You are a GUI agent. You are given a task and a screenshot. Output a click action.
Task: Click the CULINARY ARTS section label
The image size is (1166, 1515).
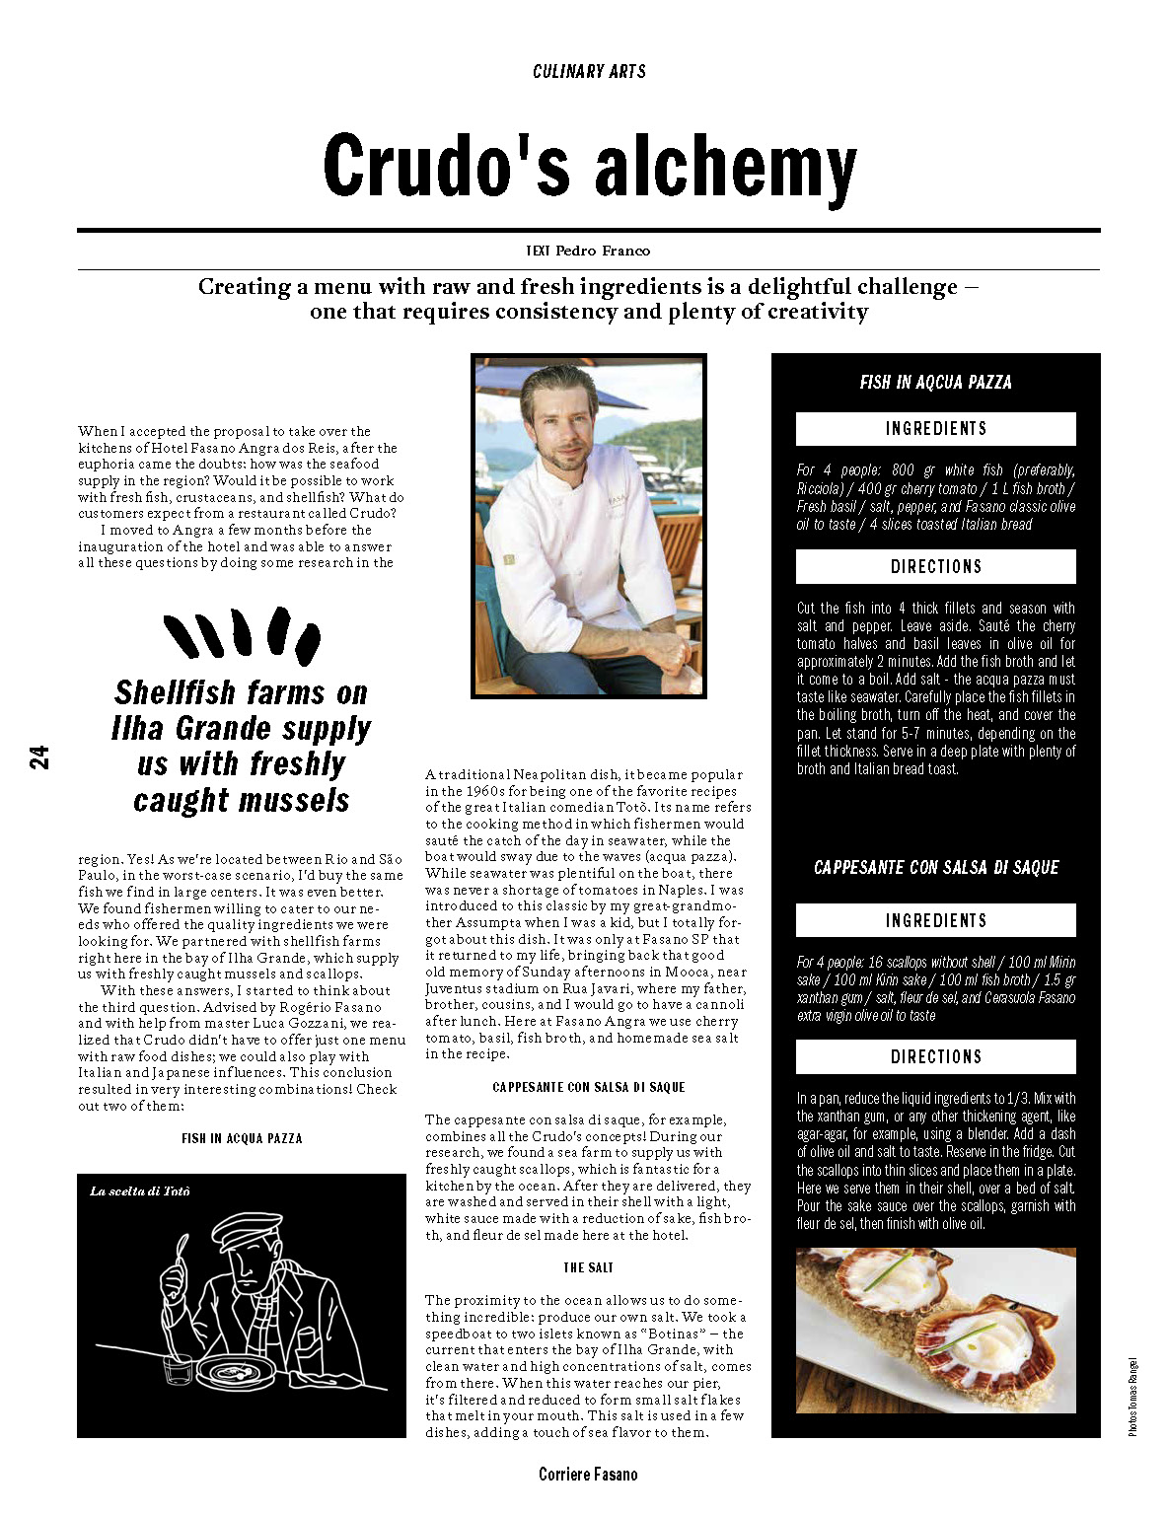[589, 71]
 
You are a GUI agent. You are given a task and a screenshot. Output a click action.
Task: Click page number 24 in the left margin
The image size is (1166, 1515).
[39, 757]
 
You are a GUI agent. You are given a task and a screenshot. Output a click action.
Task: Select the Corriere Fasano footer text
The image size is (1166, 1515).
[588, 1474]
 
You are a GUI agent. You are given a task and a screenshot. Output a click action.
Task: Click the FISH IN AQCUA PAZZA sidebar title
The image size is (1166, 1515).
[935, 382]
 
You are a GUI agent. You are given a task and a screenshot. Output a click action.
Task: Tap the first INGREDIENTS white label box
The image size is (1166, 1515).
[935, 428]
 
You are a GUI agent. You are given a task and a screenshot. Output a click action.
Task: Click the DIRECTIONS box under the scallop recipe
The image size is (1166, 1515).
[935, 1056]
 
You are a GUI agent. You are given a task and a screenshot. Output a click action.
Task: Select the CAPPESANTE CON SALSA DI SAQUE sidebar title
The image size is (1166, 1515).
[935, 867]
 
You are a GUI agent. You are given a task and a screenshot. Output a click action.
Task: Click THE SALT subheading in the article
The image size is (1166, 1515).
[588, 1267]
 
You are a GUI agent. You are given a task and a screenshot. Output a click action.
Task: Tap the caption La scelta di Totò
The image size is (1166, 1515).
[139, 1191]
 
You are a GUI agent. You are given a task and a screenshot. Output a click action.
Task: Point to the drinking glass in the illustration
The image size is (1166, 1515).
[178, 1371]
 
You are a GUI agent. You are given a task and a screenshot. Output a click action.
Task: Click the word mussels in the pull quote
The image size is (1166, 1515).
[301, 800]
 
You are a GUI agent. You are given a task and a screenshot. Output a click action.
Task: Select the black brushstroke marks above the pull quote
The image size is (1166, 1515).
[242, 634]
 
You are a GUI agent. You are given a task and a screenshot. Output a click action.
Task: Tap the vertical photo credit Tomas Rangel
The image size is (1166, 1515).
[1133, 1396]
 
